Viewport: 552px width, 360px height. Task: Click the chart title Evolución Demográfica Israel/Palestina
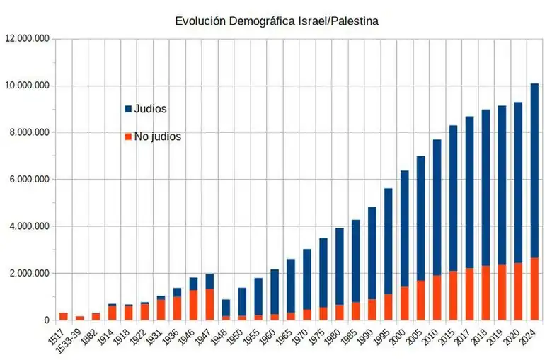point(277,21)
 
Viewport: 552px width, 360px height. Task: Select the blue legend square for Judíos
point(128,109)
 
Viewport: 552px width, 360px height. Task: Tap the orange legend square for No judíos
point(128,137)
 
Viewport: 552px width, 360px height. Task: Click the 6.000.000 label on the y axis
point(29,180)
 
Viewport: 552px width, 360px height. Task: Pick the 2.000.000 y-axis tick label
point(29,274)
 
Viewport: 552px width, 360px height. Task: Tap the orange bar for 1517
point(64,316)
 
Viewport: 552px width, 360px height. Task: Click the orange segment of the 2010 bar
point(437,298)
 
